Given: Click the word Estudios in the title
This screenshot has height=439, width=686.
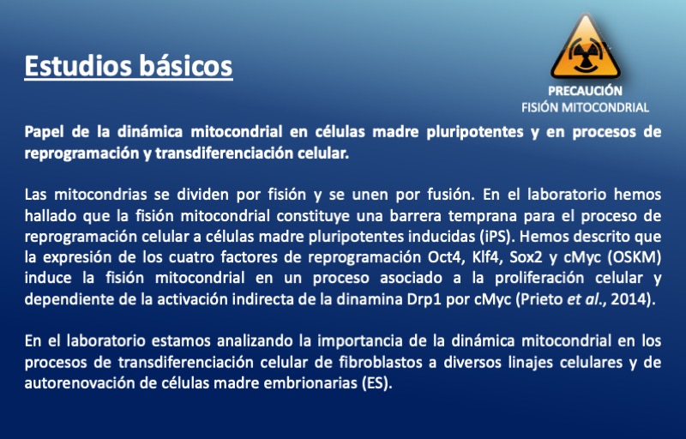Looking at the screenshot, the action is click(78, 65).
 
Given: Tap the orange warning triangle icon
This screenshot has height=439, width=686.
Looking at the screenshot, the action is click(586, 47).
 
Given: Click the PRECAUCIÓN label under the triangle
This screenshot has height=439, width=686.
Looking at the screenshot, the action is click(585, 91).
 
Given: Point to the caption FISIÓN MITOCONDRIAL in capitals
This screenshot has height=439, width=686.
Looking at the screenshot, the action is click(585, 107).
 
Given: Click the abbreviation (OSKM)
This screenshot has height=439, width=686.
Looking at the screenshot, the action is click(634, 257).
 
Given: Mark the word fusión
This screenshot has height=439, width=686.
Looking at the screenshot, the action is click(451, 195).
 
